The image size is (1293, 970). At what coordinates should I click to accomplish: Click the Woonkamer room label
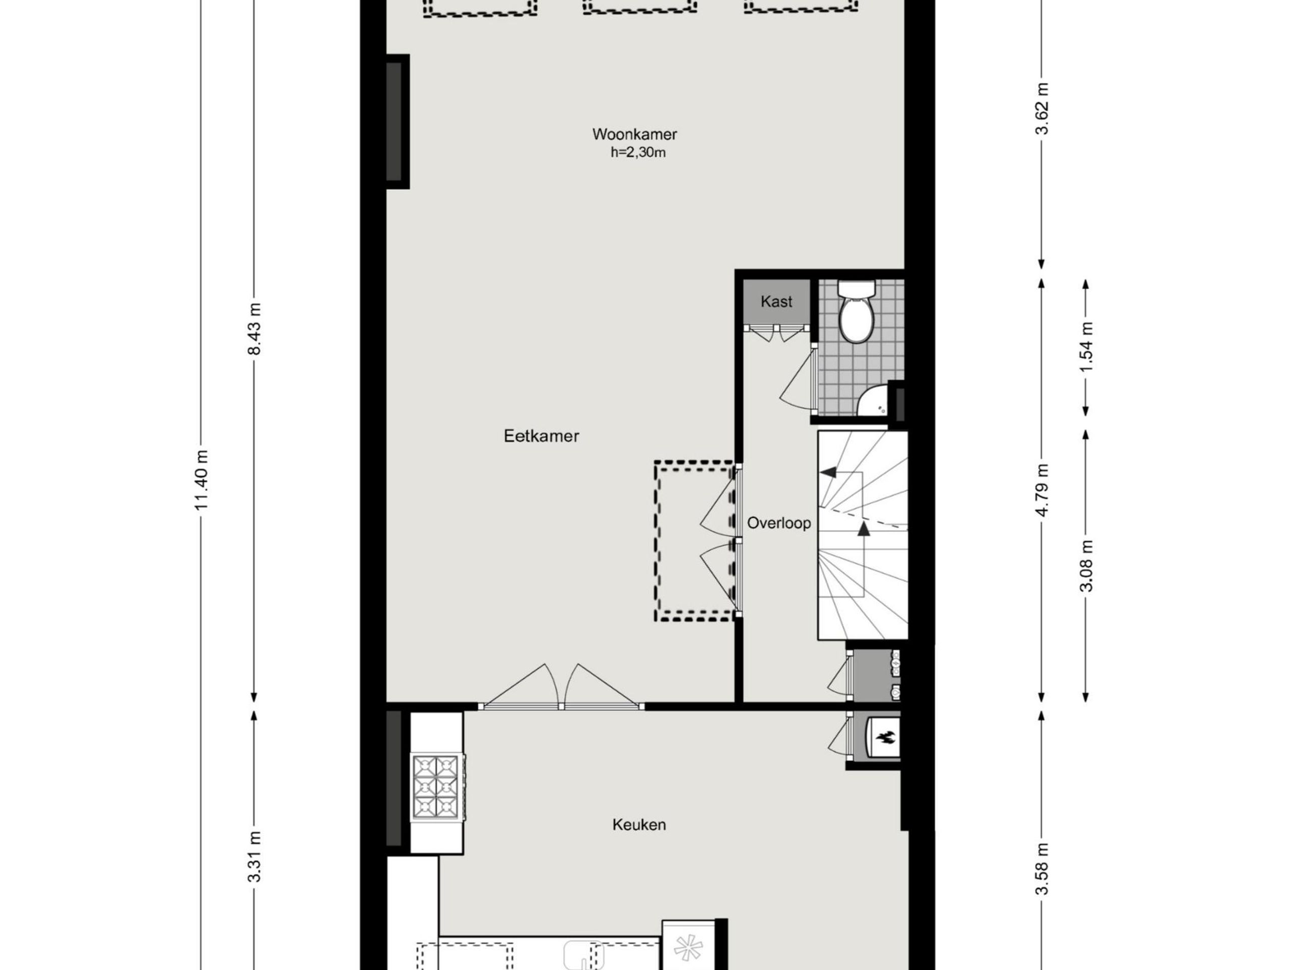(634, 134)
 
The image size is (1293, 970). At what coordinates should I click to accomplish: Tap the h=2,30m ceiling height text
(638, 153)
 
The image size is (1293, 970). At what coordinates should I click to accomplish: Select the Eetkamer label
(541, 436)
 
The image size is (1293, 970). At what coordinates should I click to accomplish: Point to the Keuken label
(639, 825)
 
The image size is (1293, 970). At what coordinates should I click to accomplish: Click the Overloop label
(779, 523)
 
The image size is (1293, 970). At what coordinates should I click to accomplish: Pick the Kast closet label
(776, 302)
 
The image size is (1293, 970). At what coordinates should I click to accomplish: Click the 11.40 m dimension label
(202, 480)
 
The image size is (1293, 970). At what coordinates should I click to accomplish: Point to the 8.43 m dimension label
(254, 329)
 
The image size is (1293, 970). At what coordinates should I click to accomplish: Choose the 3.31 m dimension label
(254, 856)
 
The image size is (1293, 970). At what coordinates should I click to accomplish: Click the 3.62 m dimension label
(1041, 109)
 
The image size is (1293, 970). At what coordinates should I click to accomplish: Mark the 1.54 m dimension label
(1086, 347)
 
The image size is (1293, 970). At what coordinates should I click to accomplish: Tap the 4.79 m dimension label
(1041, 490)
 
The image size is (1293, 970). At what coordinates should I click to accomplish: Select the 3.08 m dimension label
(1086, 566)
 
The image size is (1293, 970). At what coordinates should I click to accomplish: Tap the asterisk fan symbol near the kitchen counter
(687, 948)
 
